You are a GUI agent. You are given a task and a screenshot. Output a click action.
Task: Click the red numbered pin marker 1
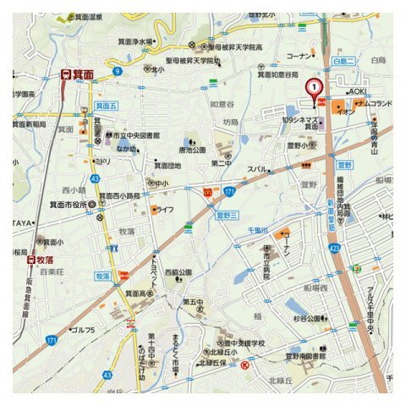pos(314,87)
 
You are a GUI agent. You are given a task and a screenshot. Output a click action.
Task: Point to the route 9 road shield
pos(117,71)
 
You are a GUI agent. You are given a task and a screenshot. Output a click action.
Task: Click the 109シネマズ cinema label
pos(300,121)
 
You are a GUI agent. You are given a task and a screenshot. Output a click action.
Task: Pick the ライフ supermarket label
pos(165,208)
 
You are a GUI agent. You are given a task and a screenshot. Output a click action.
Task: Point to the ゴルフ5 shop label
pos(83,329)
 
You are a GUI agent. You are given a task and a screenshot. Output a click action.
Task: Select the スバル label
pos(257,169)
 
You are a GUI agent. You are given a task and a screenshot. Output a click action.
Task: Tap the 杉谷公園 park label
pos(305,319)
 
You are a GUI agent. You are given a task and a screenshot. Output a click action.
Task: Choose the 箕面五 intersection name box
pos(106,107)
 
